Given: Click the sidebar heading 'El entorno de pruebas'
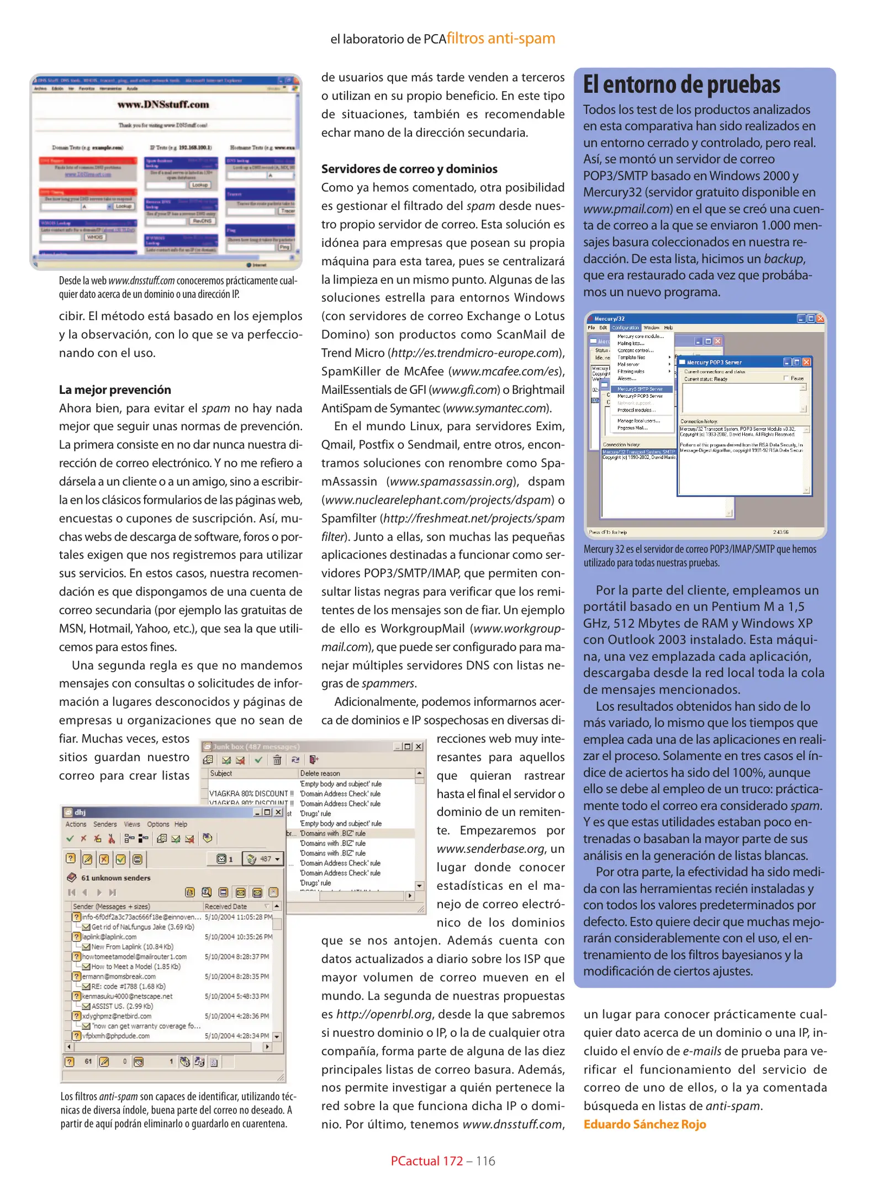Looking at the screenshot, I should [681, 85].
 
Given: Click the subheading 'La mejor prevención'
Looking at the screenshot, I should [115, 389].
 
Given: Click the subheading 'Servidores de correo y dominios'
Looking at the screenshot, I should [409, 169].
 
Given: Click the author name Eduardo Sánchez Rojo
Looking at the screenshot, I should [644, 1124].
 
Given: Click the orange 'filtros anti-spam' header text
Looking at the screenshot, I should [500, 39].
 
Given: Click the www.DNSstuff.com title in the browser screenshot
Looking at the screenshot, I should [163, 104].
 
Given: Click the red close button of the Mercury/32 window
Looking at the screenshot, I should [820, 319].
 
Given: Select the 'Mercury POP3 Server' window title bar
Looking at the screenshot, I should [729, 362].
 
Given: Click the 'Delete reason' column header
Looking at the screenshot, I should [320, 773].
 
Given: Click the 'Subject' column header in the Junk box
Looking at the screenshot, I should [221, 773].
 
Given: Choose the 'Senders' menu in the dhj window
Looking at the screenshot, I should [104, 824].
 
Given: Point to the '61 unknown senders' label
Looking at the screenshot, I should [115, 878].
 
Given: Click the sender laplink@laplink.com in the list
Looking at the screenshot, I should [109, 937].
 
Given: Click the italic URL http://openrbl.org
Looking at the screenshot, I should [384, 1014].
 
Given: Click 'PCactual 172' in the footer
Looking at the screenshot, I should [426, 1161].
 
